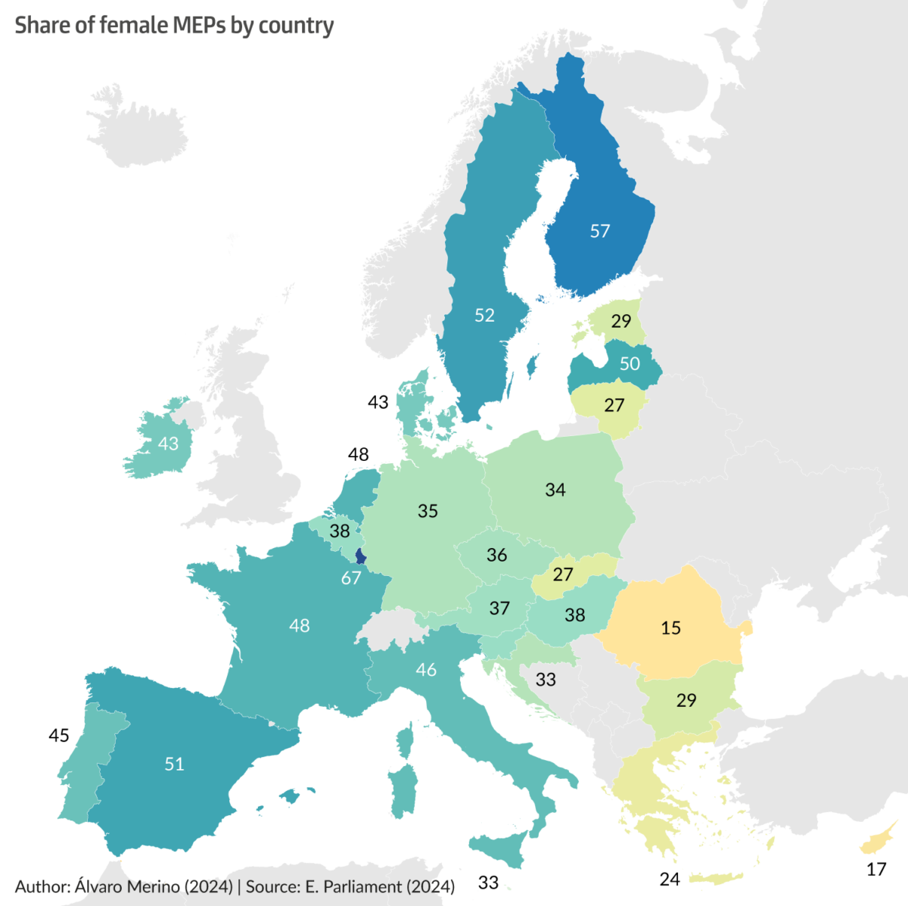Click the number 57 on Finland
pyautogui.click(x=600, y=231)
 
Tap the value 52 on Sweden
pyautogui.click(x=484, y=315)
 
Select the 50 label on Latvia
pyautogui.click(x=630, y=363)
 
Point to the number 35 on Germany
pyautogui.click(x=428, y=511)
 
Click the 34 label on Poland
pyautogui.click(x=555, y=490)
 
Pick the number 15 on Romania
pyautogui.click(x=670, y=627)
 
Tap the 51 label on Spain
pyautogui.click(x=174, y=764)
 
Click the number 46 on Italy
pyautogui.click(x=426, y=669)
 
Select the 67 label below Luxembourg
pyautogui.click(x=351, y=578)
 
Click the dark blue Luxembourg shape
pyautogui.click(x=360, y=557)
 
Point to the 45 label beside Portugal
pyautogui.click(x=58, y=735)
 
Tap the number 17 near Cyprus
pyautogui.click(x=876, y=870)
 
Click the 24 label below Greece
pyautogui.click(x=670, y=879)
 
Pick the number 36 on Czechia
pyautogui.click(x=496, y=555)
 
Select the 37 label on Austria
pyautogui.click(x=499, y=608)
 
